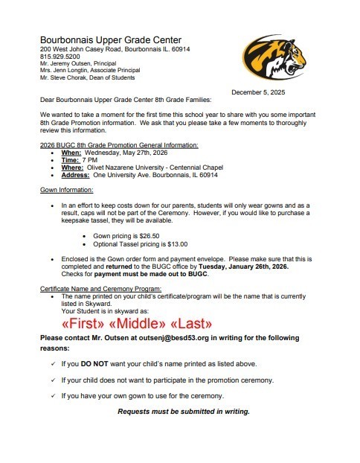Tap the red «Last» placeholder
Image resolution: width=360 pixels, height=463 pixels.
[192, 325]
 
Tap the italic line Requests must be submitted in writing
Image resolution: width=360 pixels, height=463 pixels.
[184, 412]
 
